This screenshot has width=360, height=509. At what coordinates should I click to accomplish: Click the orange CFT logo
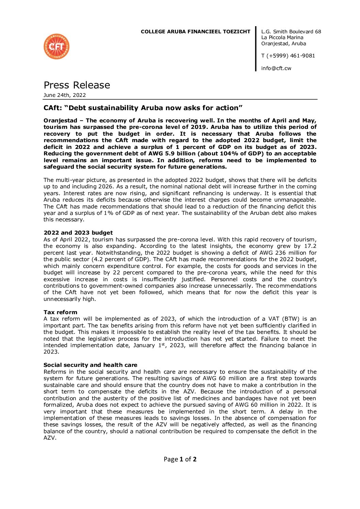pos(56,47)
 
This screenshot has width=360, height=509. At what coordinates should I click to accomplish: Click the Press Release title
pos(77,85)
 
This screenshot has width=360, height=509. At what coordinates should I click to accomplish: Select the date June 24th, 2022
pos(65,95)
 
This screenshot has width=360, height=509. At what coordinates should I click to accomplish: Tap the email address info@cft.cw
pos(276,68)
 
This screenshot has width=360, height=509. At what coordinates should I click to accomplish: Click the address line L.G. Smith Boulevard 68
pos(291,32)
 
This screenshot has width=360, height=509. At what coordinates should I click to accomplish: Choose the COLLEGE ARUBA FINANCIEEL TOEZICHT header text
pos(195,32)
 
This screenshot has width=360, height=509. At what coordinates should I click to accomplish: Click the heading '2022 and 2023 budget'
pos(78,233)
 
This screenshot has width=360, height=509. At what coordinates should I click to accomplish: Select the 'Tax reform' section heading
pos(60,312)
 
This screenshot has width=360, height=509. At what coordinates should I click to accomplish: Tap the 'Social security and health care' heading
pos(91,365)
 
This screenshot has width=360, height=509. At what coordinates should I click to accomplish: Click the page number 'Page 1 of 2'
pos(180,459)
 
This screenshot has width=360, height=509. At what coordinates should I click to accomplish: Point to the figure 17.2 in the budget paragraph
pos(310,246)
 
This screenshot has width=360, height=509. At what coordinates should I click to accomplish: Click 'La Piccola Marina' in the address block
pos(282,38)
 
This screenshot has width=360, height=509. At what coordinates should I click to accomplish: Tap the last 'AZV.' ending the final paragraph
pos(50,438)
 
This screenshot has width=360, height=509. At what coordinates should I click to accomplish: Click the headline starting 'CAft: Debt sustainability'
pos(143,108)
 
